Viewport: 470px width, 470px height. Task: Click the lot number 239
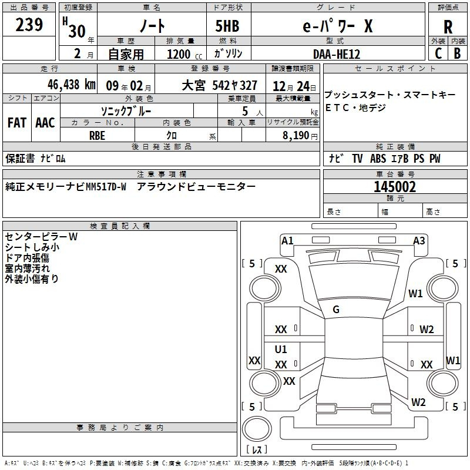click(x=29, y=24)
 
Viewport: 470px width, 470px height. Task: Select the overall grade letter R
click(x=448, y=27)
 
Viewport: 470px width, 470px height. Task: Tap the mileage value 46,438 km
click(x=72, y=85)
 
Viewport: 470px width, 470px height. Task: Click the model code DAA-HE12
click(x=336, y=54)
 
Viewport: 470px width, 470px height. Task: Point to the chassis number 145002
click(x=395, y=187)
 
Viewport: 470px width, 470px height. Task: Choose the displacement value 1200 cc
click(x=184, y=54)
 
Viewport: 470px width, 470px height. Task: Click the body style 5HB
click(x=227, y=26)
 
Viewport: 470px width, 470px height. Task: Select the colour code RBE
click(x=97, y=136)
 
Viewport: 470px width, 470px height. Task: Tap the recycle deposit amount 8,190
click(x=296, y=136)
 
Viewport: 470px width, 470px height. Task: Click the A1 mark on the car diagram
click(x=287, y=241)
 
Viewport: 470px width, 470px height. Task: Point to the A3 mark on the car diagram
click(x=419, y=241)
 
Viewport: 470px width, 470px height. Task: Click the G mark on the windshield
click(x=336, y=310)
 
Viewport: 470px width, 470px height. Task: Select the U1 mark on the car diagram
click(x=281, y=349)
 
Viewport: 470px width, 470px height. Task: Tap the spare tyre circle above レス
click(x=257, y=429)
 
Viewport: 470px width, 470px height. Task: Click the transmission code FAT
click(x=17, y=123)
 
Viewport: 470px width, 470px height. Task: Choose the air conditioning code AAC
click(x=45, y=123)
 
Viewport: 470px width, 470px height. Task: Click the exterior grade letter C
click(x=438, y=53)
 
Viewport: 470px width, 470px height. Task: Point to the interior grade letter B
click(x=457, y=53)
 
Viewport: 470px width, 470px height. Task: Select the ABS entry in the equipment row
click(x=378, y=159)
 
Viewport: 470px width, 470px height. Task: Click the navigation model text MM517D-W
click(x=106, y=187)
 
